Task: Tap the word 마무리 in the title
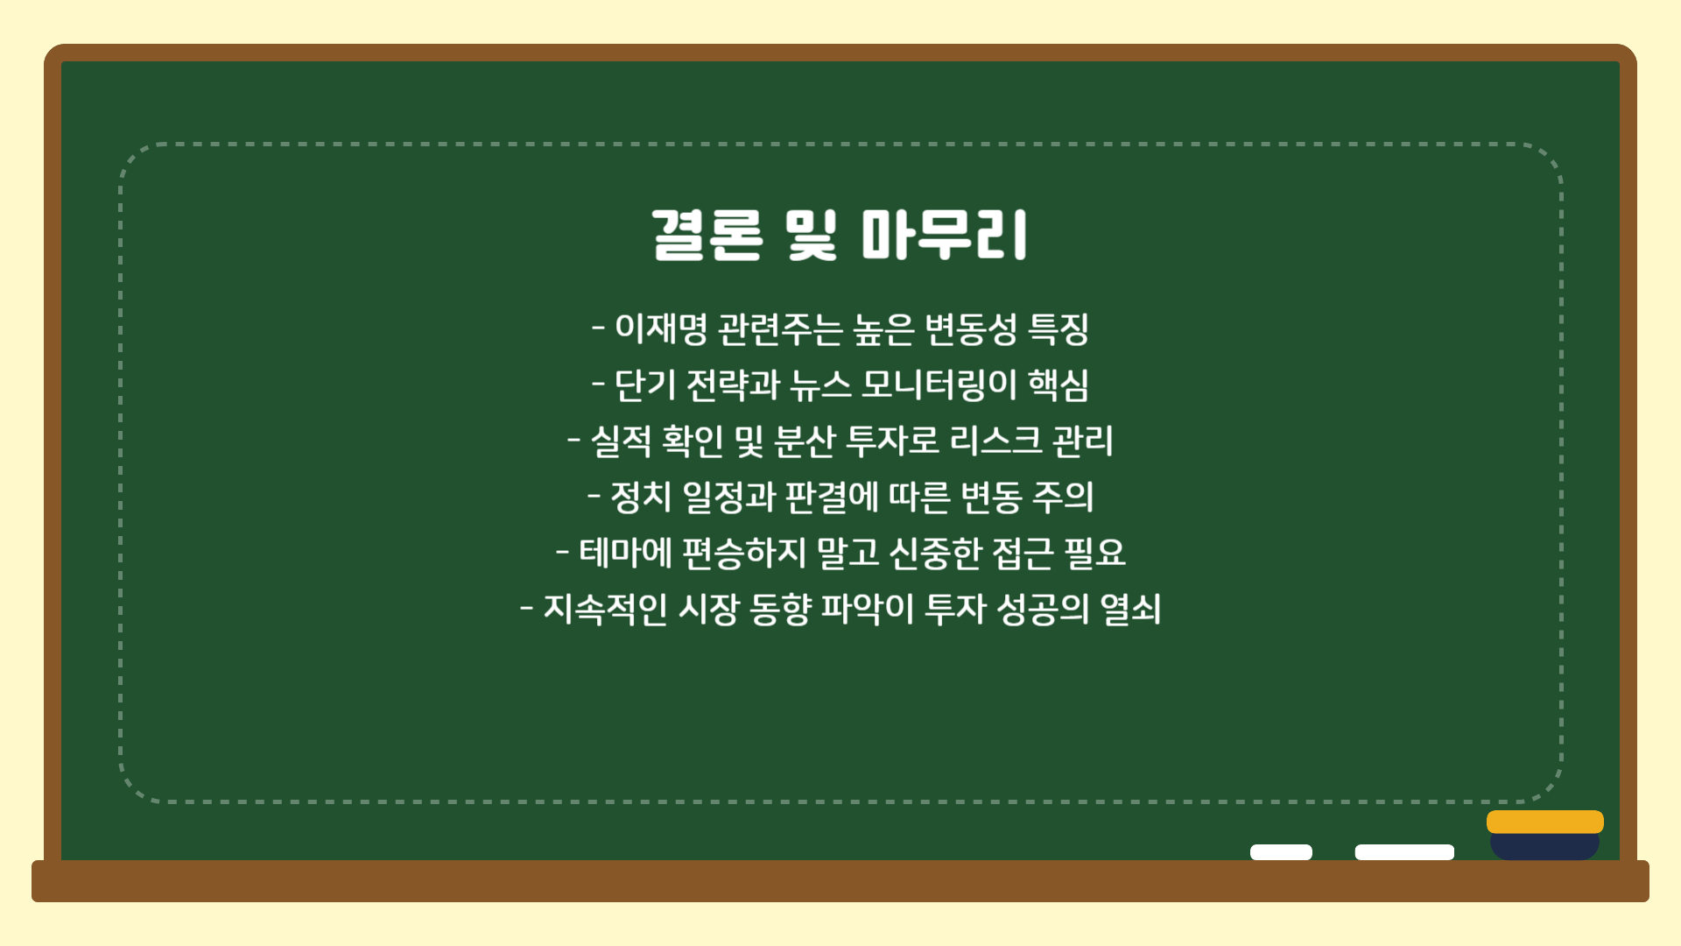(x=944, y=235)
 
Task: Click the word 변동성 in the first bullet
(x=971, y=328)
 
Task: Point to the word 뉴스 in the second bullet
(x=819, y=385)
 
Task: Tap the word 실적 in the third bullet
(x=621, y=441)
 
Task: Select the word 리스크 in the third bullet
(x=995, y=441)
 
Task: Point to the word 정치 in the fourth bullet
(x=641, y=497)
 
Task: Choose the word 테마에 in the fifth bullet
(x=625, y=553)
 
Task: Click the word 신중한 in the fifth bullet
(x=935, y=553)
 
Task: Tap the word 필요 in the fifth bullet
(x=1094, y=553)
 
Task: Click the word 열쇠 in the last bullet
(x=1130, y=609)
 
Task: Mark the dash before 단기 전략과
(x=599, y=384)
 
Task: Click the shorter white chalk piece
(x=1281, y=852)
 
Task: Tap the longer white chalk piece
(x=1404, y=852)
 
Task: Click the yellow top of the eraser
(x=1545, y=822)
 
